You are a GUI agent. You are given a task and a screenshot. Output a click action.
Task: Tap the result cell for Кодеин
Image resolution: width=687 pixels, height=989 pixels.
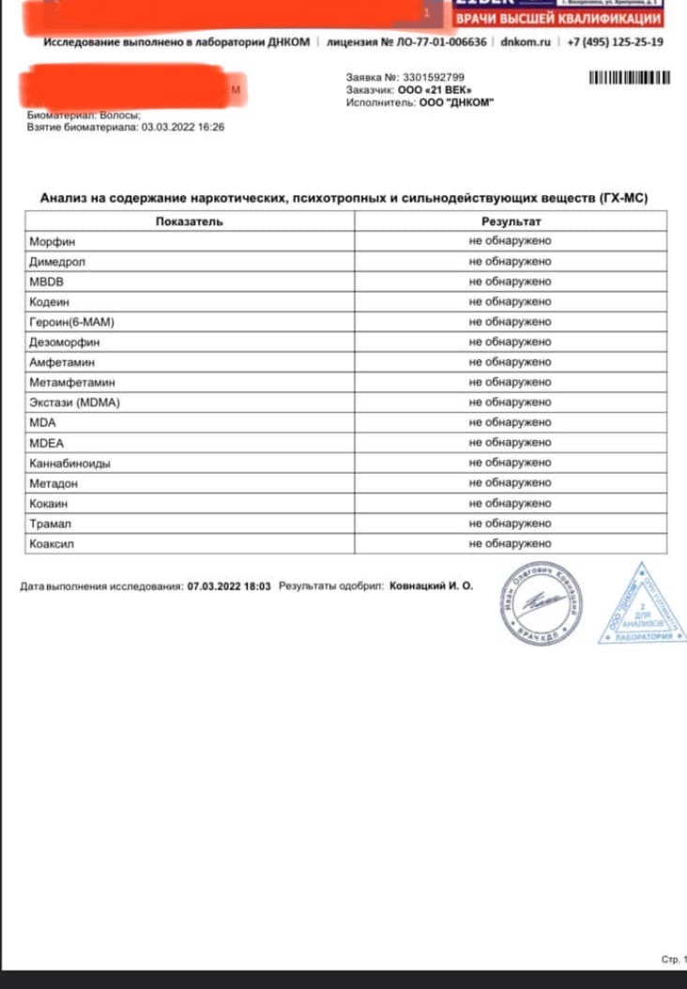510,302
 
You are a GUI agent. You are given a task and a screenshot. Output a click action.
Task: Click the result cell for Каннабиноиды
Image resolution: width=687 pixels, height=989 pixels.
510,463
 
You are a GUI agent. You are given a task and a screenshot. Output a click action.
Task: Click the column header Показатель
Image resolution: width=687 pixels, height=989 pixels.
190,221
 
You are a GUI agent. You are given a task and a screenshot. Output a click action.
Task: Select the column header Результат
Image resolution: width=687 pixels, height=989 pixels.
511,221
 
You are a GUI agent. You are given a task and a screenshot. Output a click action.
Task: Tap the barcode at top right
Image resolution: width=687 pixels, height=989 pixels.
630,78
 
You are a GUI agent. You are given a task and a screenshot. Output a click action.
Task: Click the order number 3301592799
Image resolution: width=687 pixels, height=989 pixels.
433,77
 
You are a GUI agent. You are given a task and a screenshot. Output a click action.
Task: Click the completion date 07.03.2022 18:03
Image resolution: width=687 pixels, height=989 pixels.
229,586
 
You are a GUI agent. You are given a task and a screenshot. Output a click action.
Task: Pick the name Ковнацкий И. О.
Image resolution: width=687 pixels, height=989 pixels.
432,586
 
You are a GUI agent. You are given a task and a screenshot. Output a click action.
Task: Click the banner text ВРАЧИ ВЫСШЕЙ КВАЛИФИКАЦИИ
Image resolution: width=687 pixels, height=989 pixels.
557,19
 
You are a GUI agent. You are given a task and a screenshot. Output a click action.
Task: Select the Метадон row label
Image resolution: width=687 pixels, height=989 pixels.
53,483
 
